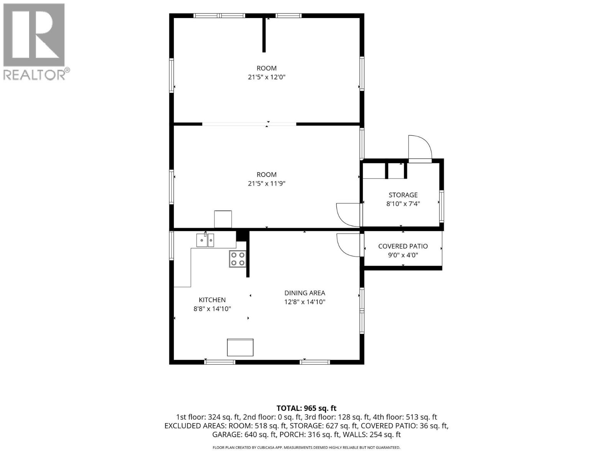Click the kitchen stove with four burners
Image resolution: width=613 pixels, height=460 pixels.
click(238, 259)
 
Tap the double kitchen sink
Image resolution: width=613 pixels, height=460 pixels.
click(205, 240)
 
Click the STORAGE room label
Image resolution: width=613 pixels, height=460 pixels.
click(403, 195)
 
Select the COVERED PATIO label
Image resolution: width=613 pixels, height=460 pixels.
click(403, 246)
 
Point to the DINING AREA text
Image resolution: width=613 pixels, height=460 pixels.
click(305, 293)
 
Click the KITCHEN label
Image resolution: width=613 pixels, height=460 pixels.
click(212, 300)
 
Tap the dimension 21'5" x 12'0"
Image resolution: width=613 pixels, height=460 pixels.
click(266, 77)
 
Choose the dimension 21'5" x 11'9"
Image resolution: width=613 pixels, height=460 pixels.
click(266, 184)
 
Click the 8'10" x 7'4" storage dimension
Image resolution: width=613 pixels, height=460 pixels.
click(403, 204)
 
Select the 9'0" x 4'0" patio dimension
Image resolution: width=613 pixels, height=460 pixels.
click(403, 255)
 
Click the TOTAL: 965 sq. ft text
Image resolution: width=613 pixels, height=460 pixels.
click(306, 408)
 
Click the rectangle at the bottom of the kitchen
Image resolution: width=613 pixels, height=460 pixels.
click(240, 347)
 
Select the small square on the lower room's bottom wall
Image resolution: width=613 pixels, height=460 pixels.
click(223, 219)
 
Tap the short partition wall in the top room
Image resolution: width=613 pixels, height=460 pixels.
click(264, 35)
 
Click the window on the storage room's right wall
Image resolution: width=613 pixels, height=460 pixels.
click(441, 206)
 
